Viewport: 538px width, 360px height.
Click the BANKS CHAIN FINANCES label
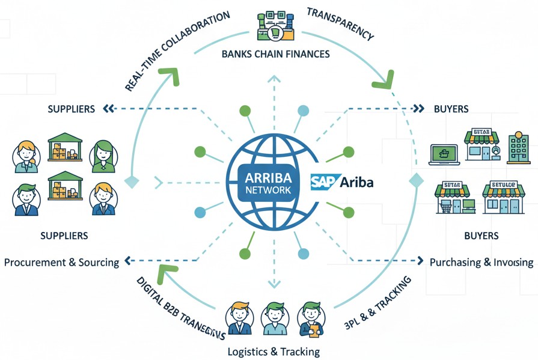(x=275, y=54)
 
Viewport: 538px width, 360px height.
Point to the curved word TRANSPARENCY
(x=340, y=24)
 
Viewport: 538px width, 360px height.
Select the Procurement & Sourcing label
(x=61, y=263)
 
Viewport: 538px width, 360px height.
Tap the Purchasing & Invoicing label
(x=481, y=262)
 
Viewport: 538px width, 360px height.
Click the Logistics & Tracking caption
(x=274, y=351)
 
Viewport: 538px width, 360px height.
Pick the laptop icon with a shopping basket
(x=444, y=153)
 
